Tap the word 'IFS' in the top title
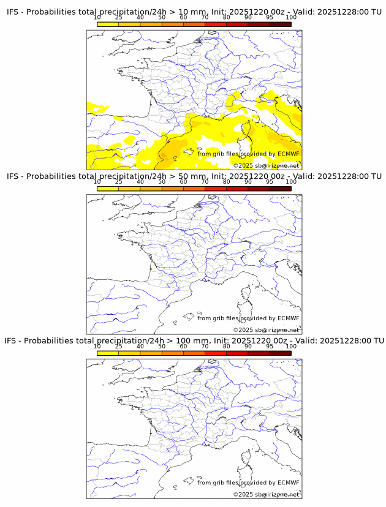coord(13,12)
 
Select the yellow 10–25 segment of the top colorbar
coord(108,24)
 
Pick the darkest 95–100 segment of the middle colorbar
coord(280,189)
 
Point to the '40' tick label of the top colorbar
coord(140,17)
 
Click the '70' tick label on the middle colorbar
coord(205,182)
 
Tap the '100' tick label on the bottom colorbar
coord(291,346)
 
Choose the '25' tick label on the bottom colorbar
coord(119,346)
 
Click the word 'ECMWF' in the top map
coord(288,154)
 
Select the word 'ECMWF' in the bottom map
coord(288,483)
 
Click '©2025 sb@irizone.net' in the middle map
coord(267,330)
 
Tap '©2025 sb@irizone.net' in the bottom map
coord(267,494)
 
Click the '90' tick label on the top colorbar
coord(248,17)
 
